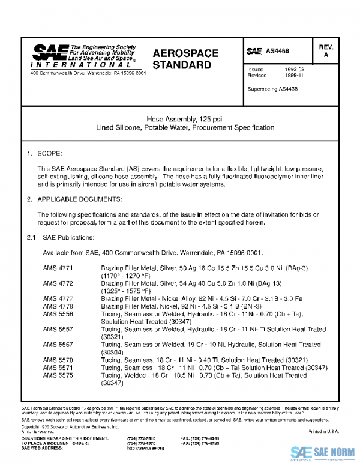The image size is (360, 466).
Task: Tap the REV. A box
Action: click(326, 51)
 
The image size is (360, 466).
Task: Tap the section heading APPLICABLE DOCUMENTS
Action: click(80, 198)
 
